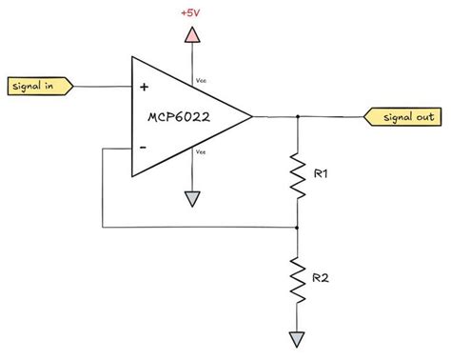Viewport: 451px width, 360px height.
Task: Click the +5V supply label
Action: click(x=192, y=13)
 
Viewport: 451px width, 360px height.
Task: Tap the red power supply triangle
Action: click(x=192, y=36)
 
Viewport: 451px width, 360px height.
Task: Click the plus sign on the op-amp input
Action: click(x=144, y=87)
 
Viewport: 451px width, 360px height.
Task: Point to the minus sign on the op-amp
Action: click(x=144, y=147)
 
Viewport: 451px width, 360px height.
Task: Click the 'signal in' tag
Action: click(x=38, y=87)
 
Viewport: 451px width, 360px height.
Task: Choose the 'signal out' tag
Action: click(x=403, y=116)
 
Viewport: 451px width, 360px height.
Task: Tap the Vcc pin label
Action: click(x=200, y=81)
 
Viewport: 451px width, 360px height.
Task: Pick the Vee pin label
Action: click(x=200, y=151)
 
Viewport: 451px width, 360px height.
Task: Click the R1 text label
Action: click(x=322, y=174)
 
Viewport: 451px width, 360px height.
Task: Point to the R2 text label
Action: click(x=323, y=278)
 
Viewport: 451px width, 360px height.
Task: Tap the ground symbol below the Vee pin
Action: click(x=192, y=199)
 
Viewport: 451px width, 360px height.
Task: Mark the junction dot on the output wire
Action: click(x=298, y=116)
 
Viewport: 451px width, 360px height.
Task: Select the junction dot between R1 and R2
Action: click(x=298, y=228)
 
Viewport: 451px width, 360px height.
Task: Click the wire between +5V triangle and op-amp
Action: click(x=192, y=59)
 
